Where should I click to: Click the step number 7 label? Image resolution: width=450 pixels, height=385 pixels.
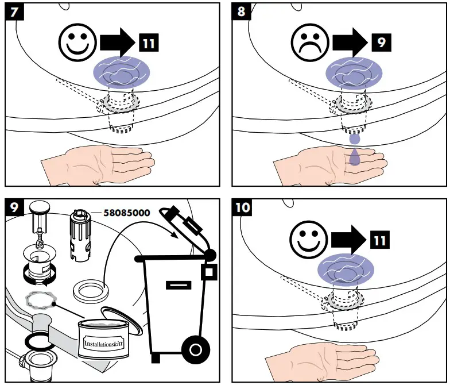[x=13, y=11]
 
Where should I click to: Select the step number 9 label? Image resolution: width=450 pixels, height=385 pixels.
[x=13, y=207]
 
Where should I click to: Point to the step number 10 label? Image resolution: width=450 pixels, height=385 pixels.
[x=243, y=207]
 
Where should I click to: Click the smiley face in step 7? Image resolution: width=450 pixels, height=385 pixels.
[x=76, y=43]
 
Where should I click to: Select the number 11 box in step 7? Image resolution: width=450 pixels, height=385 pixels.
[x=147, y=43]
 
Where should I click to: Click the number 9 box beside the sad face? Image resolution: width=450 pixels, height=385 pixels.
[x=378, y=43]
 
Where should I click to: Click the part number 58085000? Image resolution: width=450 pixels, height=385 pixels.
[x=127, y=213]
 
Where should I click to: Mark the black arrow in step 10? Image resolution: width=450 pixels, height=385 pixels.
[x=347, y=237]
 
